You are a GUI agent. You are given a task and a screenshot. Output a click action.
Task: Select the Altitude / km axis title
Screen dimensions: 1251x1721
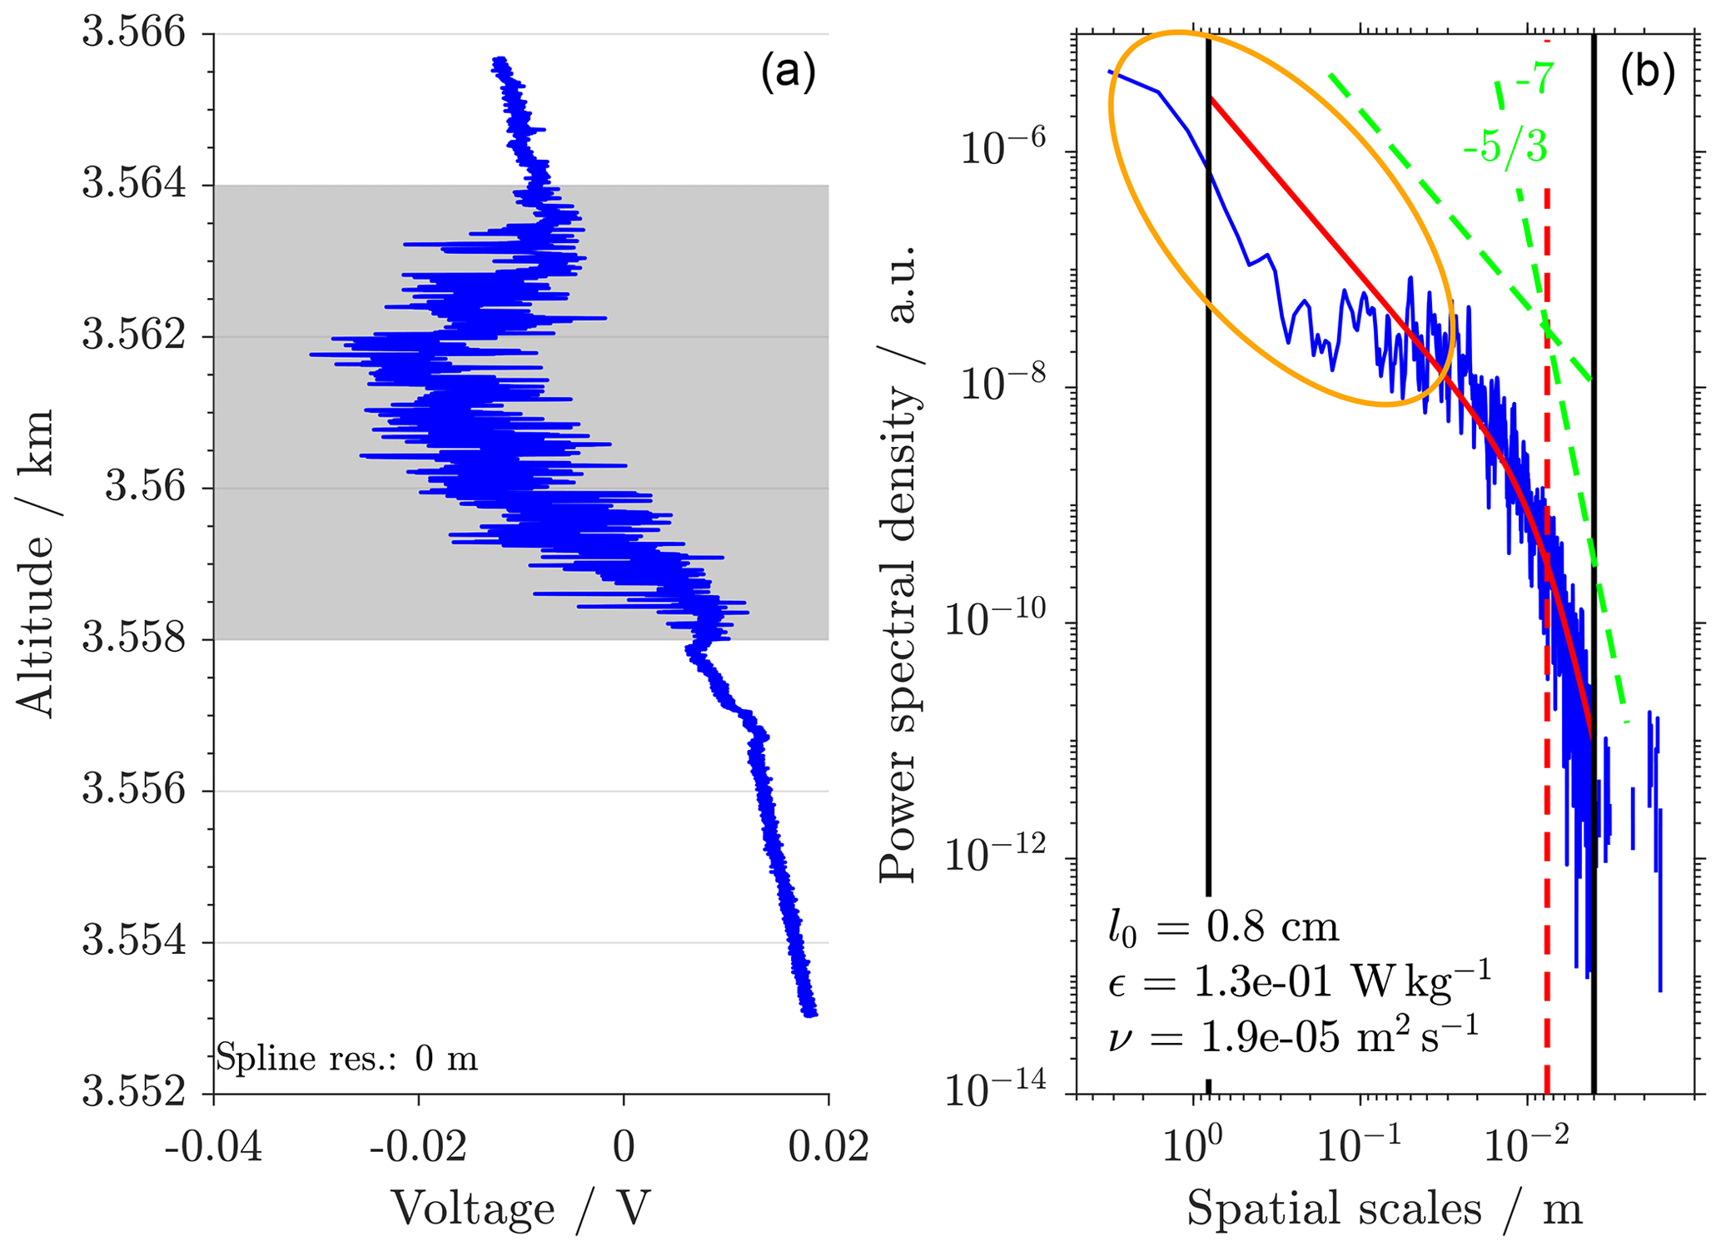35,563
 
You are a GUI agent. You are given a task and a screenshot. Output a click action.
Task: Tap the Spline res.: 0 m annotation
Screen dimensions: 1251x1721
347,1059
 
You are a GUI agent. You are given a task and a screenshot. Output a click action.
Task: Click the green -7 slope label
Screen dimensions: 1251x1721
1533,81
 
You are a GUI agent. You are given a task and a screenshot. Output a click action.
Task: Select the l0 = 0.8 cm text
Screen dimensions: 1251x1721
1223,926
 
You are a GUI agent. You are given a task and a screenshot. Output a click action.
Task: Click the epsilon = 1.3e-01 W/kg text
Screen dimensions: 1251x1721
1299,982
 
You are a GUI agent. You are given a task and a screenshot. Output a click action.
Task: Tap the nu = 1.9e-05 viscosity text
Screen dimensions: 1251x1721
1293,1038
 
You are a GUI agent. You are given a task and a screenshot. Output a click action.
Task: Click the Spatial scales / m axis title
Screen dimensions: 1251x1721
1384,1210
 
